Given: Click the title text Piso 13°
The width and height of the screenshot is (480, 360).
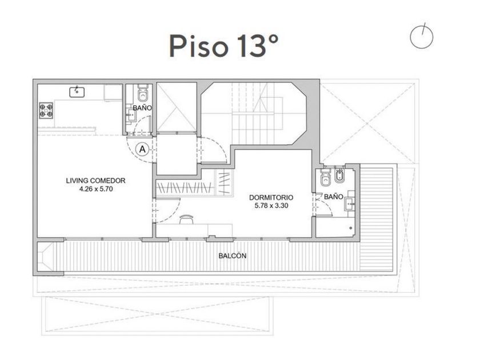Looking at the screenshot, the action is point(224,46).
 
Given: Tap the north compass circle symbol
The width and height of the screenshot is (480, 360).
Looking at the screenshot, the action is point(422,37).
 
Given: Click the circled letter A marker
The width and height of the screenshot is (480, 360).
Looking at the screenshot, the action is point(142,149).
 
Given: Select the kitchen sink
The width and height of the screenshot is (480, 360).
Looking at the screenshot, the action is point(77,91).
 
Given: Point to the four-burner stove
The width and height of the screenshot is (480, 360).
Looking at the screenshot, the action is point(46,110).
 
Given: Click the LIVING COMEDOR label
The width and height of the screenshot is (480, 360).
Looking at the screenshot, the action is point(96,181).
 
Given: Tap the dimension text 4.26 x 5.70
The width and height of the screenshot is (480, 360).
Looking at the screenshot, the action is point(96,189).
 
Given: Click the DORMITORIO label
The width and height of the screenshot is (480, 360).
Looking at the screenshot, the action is point(271,198).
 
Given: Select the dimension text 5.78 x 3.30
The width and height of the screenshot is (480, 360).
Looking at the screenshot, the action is point(271,206).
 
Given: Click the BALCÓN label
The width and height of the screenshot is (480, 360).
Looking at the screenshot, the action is point(233,255).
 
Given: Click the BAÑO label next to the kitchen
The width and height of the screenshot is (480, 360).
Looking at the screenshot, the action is point(142,108).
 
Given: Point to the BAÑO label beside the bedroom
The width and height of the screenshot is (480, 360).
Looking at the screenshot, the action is point(334,197).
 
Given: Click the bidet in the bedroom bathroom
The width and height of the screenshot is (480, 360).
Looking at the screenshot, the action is point(340,176).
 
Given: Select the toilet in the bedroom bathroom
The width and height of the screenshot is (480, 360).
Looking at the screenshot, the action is point(325,178).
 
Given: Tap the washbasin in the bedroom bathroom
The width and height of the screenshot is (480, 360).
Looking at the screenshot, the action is point(350,204).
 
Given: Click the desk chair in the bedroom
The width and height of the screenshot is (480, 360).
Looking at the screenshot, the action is point(186,219).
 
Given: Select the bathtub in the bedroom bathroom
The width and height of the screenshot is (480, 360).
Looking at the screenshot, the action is point(335,227).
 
